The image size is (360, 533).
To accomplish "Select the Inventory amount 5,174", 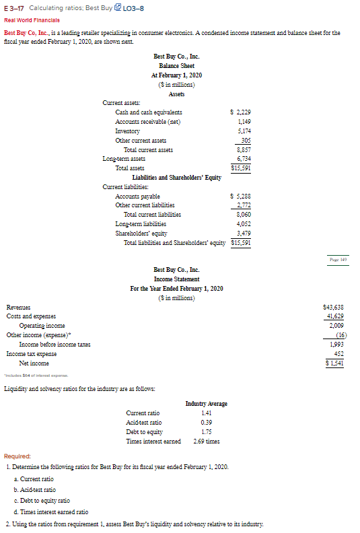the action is pos(244,131).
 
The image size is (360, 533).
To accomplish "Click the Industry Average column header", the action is pos(206,403).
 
